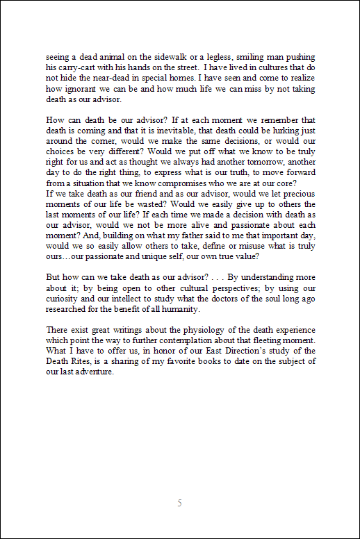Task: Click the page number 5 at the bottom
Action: point(179,502)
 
